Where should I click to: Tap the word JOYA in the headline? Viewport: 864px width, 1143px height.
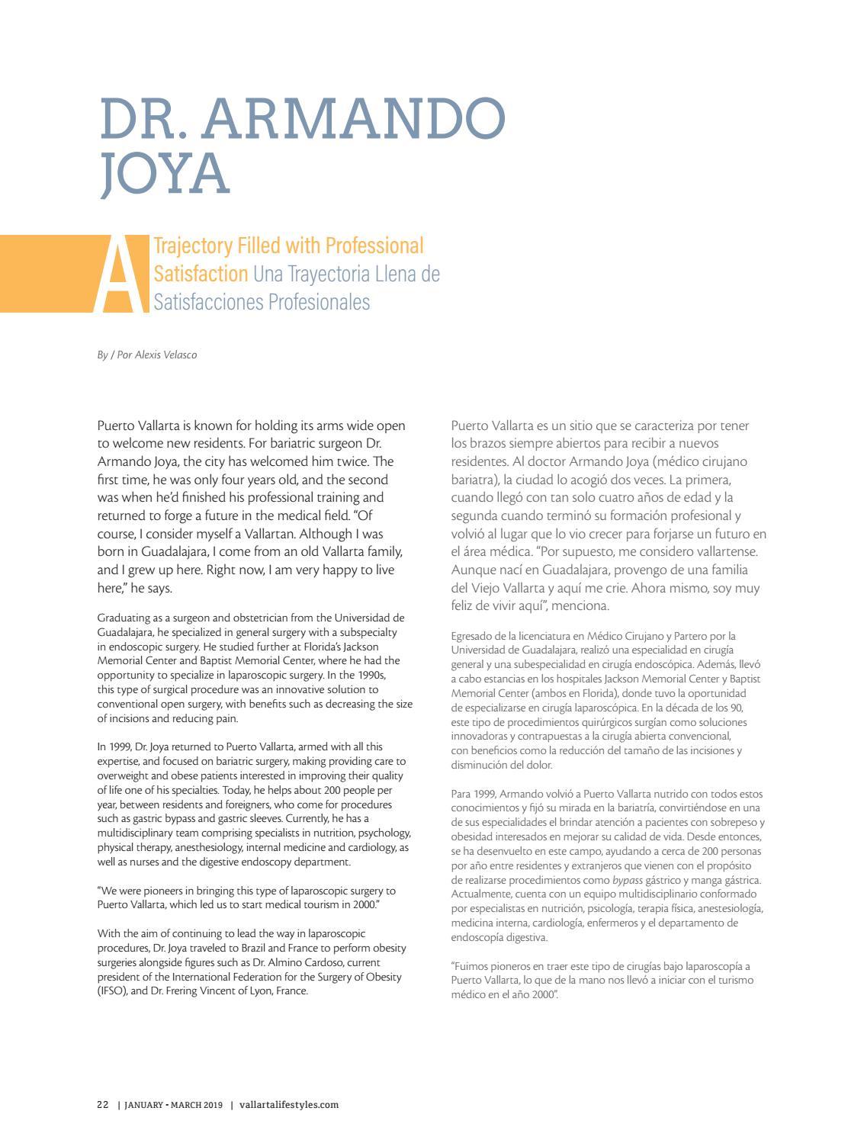(165, 173)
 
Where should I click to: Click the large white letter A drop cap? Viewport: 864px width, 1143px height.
(120, 275)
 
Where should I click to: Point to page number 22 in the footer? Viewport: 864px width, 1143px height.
(103, 1104)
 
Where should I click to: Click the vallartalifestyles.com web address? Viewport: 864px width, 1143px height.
(289, 1104)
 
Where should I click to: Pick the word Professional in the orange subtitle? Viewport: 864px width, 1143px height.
(374, 246)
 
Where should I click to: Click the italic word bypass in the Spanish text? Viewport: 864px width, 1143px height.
(628, 880)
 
